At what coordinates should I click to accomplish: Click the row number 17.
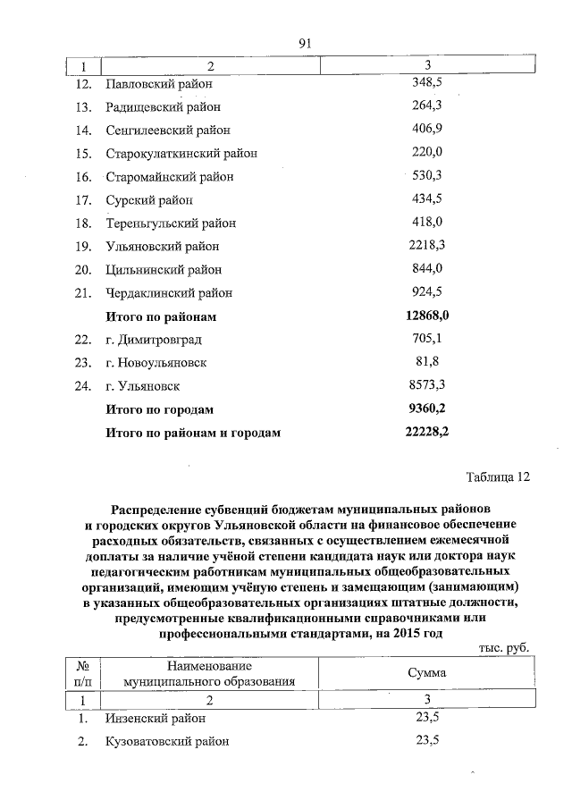coord(84,200)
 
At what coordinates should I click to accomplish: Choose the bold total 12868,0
coord(427,316)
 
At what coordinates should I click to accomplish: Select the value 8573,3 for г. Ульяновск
coord(427,385)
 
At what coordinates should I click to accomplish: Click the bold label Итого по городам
coord(160,409)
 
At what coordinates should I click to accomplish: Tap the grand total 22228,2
coord(427,432)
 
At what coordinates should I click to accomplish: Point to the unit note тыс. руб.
coord(504,648)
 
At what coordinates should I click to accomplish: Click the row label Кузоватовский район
coord(166,741)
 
